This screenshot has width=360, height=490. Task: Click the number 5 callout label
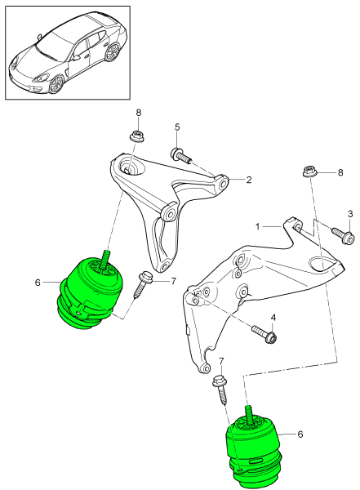(x=176, y=127)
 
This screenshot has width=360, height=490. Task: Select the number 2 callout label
(x=248, y=180)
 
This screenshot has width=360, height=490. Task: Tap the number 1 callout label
(x=257, y=225)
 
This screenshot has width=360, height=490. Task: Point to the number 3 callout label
(x=351, y=214)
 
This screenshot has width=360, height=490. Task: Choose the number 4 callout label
(x=273, y=317)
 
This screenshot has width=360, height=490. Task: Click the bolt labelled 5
(x=180, y=154)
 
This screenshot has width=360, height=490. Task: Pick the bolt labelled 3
(x=342, y=236)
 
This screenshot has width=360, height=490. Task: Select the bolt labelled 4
(x=264, y=333)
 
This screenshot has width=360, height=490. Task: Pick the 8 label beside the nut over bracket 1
(x=341, y=173)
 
